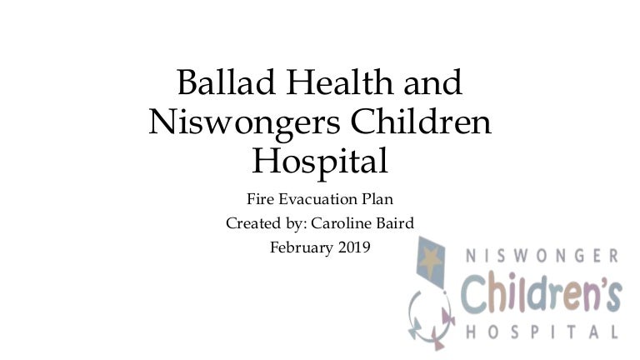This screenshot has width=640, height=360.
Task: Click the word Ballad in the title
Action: [x=226, y=82]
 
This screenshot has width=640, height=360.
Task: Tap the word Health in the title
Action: [x=340, y=82]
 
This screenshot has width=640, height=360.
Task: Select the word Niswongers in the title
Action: [x=244, y=122]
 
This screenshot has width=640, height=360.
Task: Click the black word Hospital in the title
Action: [x=320, y=162]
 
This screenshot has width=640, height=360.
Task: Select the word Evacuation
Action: [x=318, y=199]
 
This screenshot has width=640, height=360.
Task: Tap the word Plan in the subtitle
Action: [x=377, y=199]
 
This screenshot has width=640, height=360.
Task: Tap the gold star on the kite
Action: [x=430, y=260]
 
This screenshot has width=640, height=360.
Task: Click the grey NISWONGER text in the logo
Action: [x=542, y=256]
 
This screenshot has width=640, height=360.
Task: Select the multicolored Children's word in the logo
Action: [x=542, y=292]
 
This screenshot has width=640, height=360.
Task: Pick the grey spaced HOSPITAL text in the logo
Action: [x=542, y=332]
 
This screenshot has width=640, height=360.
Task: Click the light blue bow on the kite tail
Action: [x=416, y=327]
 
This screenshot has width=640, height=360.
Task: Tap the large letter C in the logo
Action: [x=472, y=293]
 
